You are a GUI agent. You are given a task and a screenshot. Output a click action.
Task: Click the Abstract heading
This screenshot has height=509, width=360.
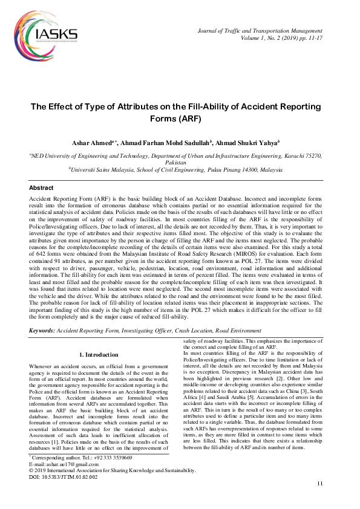[41, 188]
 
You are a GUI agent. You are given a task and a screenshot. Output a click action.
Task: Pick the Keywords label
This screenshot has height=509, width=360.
[42, 331]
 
